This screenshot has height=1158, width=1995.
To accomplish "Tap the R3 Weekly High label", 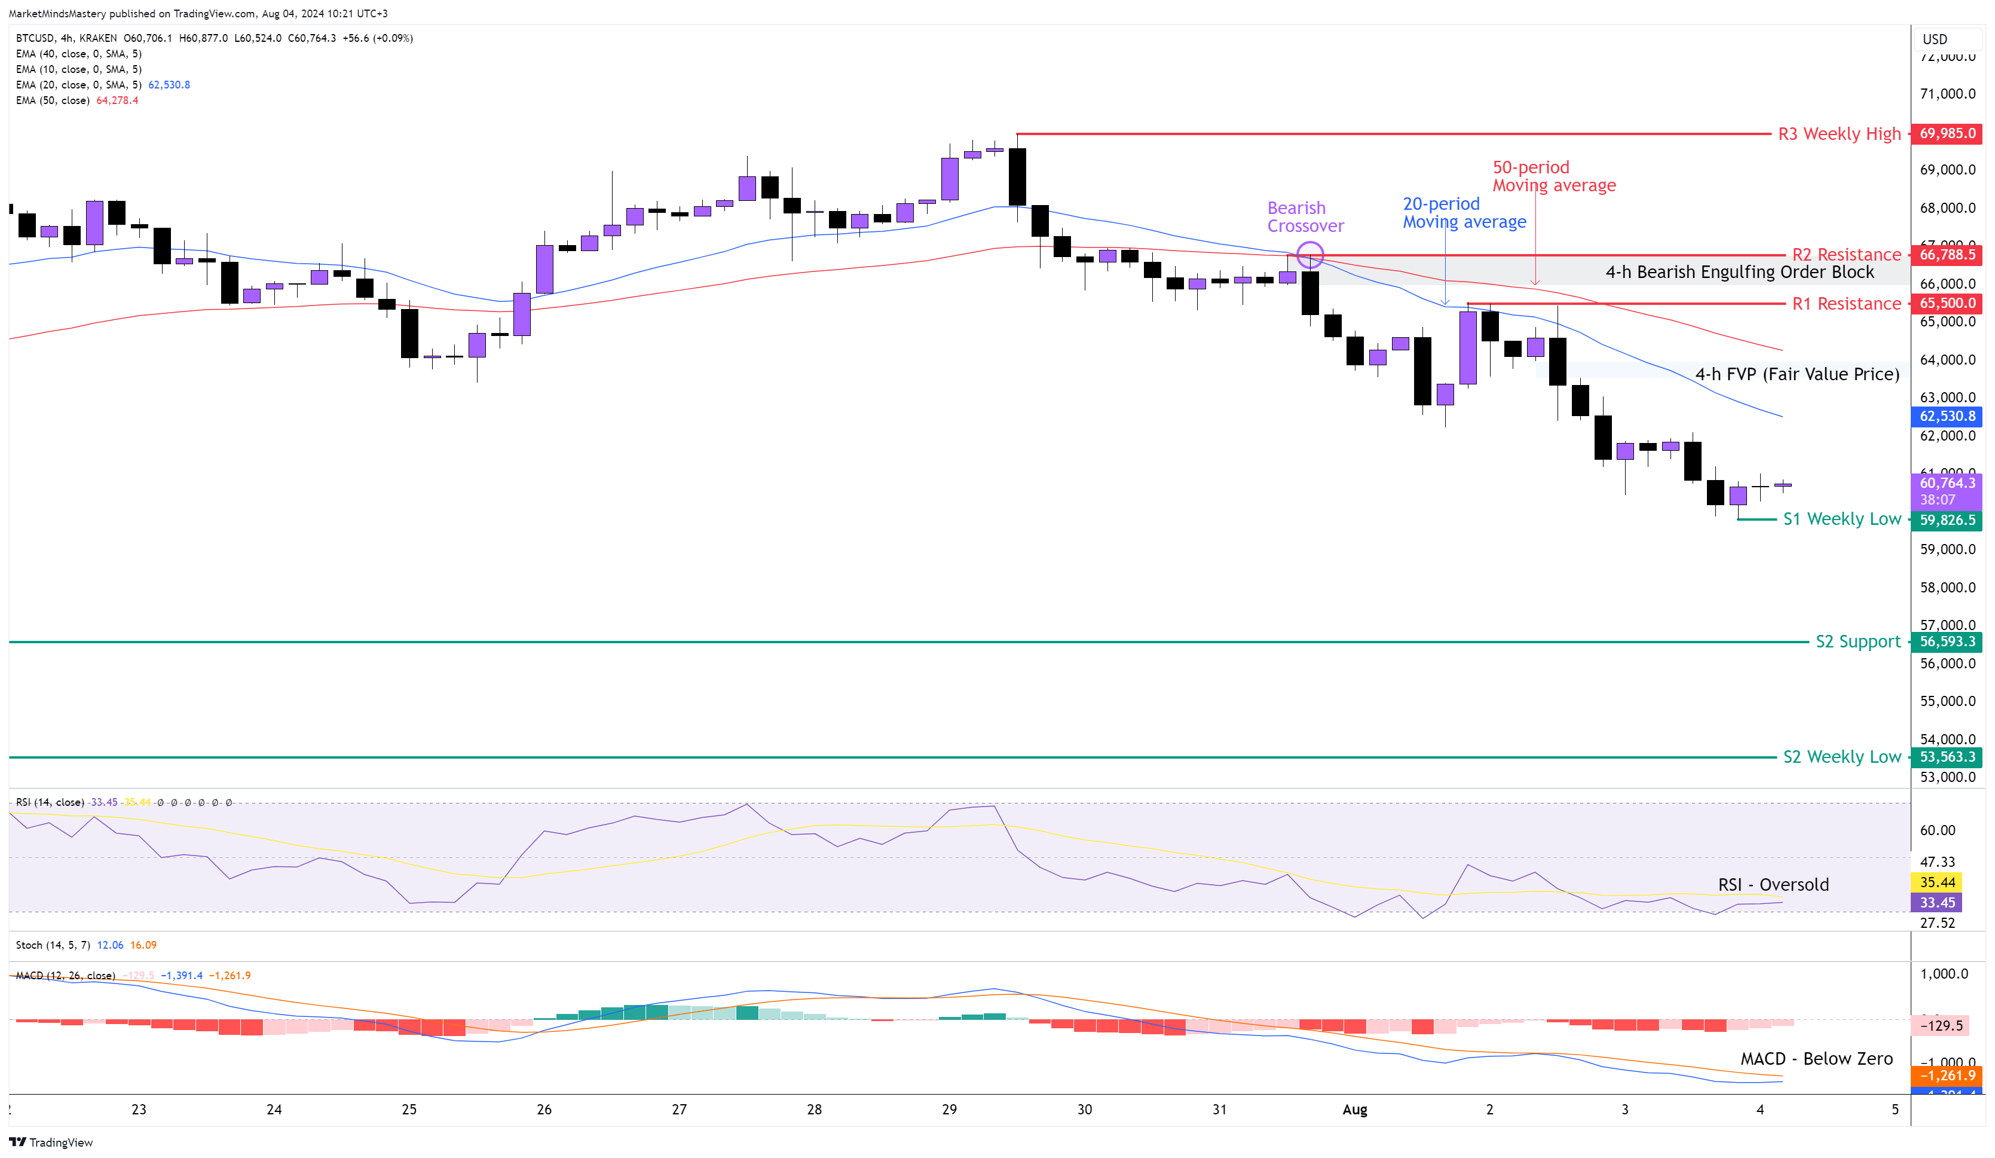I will [x=1838, y=134].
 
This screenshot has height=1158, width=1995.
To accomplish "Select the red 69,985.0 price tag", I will [x=1947, y=133].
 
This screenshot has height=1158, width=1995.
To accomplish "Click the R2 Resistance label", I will [x=1846, y=254].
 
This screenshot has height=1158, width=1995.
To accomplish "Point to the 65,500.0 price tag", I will [x=1947, y=303].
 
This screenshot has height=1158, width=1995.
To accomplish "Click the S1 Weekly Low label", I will [x=1841, y=519].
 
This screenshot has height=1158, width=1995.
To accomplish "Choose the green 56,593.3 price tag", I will [x=1947, y=641].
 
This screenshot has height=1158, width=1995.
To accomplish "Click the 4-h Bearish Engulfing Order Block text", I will [x=1739, y=271].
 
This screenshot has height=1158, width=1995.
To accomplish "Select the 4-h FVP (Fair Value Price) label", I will [x=1797, y=374].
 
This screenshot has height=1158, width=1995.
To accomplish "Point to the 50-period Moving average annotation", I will [x=1553, y=176].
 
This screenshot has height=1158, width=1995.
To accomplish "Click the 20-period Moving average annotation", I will [x=1464, y=213].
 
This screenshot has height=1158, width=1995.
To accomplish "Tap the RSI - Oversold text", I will [x=1773, y=885].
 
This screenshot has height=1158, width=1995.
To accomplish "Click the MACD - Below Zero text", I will [x=1816, y=1058].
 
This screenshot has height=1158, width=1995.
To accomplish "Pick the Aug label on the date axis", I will [x=1354, y=1109].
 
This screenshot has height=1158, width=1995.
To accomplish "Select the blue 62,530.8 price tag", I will [x=1947, y=416].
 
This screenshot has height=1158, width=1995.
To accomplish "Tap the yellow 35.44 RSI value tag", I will [x=1937, y=882].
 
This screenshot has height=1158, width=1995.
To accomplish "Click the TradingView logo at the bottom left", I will [x=51, y=1142].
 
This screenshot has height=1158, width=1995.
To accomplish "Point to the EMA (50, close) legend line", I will [x=77, y=100].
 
